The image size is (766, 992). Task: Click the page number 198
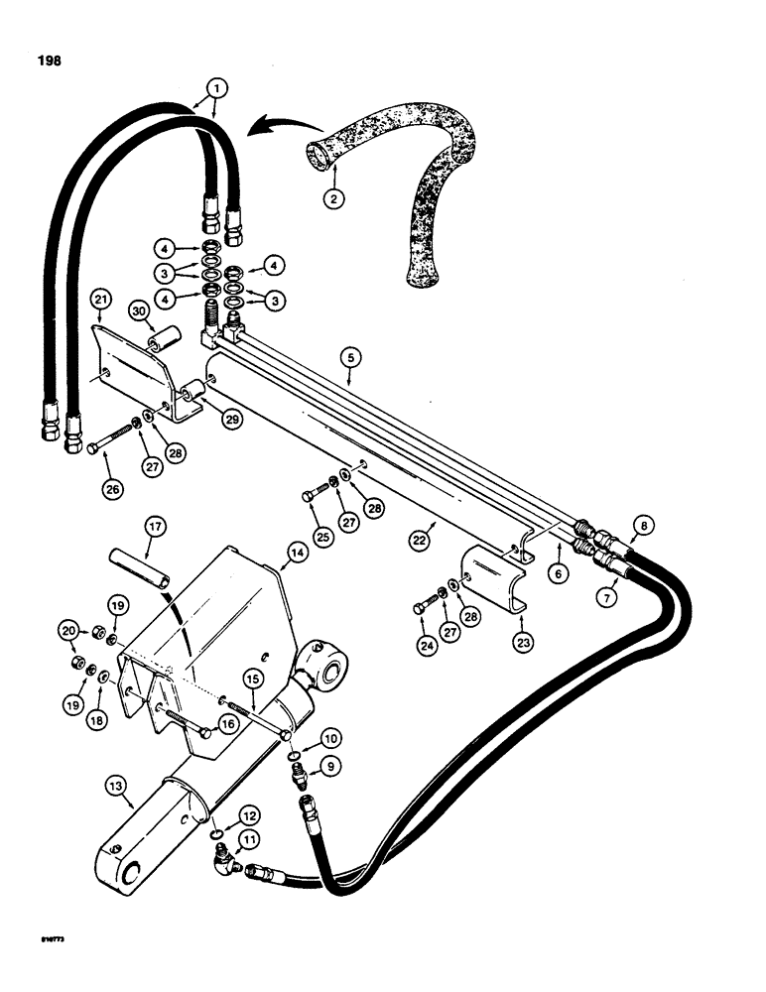(47, 61)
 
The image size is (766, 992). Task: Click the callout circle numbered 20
(67, 629)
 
